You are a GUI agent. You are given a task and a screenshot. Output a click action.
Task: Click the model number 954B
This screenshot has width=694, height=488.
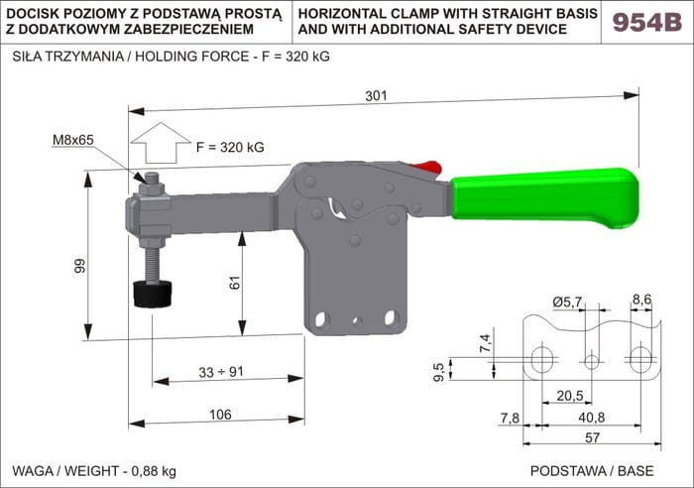tap(647, 22)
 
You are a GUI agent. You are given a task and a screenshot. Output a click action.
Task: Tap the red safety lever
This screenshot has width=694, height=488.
tap(425, 169)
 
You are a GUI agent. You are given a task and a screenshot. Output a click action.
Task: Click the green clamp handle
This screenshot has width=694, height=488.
tap(545, 198)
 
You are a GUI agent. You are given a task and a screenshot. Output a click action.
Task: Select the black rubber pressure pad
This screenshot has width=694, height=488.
tap(153, 294)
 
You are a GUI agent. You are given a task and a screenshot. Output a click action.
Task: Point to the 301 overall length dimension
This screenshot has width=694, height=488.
tap(376, 95)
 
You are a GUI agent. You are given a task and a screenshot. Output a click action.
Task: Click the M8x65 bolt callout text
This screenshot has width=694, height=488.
tap(73, 140)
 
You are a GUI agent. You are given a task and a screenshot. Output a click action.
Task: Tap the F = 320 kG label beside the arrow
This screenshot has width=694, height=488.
tap(230, 147)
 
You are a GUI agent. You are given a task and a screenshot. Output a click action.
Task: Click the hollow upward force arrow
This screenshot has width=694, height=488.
tap(161, 143)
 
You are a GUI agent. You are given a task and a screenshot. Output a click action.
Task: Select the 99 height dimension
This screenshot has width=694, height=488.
tap(79, 266)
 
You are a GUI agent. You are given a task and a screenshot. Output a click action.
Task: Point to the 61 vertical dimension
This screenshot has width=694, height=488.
tap(235, 283)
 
